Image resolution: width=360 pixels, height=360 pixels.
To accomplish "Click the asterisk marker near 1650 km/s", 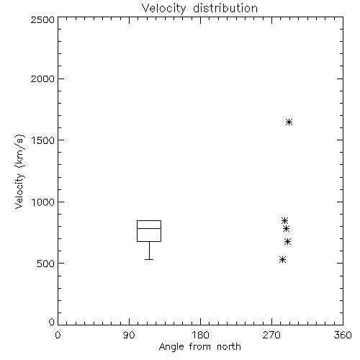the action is [x=289, y=122].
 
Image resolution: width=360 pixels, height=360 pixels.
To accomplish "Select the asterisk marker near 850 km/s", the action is [x=284, y=220].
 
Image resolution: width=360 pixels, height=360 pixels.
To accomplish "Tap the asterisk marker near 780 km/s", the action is [x=286, y=228].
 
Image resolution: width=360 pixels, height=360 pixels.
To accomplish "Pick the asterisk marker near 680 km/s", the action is [x=287, y=241].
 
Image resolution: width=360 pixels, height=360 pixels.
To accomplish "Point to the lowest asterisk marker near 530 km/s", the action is [x=283, y=259].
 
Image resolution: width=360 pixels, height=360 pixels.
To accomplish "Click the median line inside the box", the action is [x=149, y=228].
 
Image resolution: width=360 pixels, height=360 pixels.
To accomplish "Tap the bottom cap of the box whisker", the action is [x=149, y=259].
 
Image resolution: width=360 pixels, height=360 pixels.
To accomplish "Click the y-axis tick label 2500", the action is [x=42, y=19].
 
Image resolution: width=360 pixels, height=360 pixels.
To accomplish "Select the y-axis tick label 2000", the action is [x=42, y=78].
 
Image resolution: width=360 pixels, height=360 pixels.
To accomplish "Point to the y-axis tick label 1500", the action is [x=43, y=140].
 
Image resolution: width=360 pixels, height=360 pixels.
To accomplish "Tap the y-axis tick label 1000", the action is [x=43, y=202].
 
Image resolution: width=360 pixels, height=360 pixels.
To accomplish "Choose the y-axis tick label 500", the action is [x=46, y=264].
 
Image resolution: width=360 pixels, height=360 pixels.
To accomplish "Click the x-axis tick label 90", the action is [x=129, y=335].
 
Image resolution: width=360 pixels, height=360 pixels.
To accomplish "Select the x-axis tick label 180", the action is [x=200, y=335].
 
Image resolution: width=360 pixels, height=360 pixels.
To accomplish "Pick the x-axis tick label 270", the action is [x=271, y=335].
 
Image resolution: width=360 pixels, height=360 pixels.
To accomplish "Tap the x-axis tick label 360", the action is [x=343, y=335].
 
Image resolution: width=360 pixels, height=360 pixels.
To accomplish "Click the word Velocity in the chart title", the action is [x=163, y=9].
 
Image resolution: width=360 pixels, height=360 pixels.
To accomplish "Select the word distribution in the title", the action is [x=225, y=8].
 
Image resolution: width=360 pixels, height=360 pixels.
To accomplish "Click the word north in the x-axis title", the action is [x=229, y=347].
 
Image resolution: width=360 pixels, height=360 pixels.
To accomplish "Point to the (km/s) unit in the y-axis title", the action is [x=19, y=151].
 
